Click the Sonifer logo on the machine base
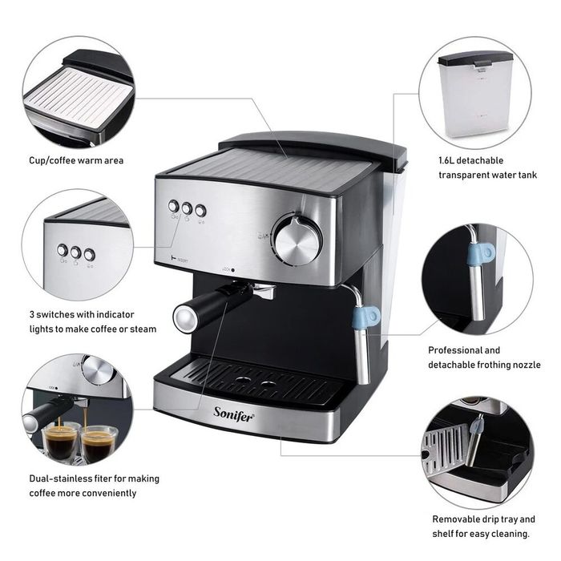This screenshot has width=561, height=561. (x=234, y=414)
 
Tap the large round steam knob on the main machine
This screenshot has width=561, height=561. (x=297, y=239)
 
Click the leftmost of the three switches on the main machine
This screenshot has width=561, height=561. (x=174, y=206)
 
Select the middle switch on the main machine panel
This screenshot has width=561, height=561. (x=187, y=208)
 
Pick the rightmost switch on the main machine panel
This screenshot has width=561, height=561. (x=200, y=210)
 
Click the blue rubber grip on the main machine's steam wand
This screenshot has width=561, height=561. (x=365, y=317)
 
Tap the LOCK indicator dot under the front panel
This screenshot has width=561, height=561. (x=233, y=270)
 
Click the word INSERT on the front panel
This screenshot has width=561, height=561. (x=183, y=260)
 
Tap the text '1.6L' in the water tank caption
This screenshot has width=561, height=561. (x=446, y=160)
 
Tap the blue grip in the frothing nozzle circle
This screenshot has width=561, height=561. (x=481, y=254)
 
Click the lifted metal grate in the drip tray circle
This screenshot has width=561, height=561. (x=444, y=448)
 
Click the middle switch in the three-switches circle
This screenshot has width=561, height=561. (x=75, y=252)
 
